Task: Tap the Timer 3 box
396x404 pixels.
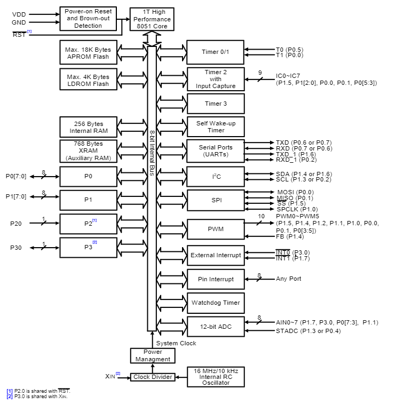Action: pos(215,104)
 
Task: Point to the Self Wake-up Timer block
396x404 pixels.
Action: pos(215,126)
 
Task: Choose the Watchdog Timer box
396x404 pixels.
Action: pos(215,303)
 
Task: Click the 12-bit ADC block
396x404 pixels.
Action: pos(215,327)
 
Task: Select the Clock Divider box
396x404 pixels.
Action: pos(153,377)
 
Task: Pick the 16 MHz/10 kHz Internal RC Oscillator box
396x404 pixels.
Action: pos(216,377)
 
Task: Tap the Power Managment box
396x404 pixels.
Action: pos(153,355)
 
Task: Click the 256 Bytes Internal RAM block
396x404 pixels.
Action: pos(88,126)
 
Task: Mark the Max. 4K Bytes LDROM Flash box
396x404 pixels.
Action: pos(88,80)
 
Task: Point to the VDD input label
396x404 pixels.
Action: pos(19,13)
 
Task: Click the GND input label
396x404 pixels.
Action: pos(19,22)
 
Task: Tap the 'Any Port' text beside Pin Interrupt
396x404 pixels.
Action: pos(289,279)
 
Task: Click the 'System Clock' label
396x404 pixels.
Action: pos(176,343)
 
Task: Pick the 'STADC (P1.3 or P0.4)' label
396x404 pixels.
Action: pos(308,331)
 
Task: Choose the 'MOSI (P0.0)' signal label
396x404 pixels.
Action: pos(295,192)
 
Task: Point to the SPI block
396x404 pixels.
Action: pos(215,201)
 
